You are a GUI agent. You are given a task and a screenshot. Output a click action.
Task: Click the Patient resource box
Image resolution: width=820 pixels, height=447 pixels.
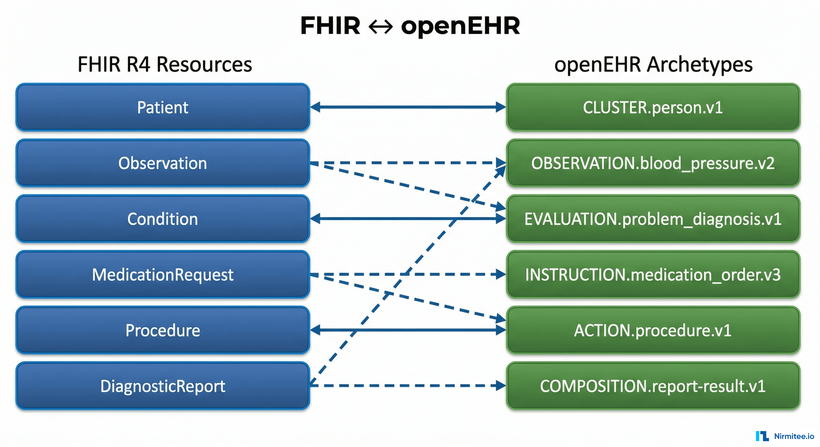point(163,107)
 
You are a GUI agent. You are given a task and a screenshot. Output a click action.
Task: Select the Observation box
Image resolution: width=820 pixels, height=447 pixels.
point(163,163)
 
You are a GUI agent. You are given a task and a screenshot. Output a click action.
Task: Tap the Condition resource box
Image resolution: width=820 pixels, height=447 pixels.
point(163,219)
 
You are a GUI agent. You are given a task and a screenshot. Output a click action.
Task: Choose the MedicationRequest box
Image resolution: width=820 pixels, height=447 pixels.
point(163,274)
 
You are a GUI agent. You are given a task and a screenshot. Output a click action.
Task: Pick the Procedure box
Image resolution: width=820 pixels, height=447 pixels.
point(163,330)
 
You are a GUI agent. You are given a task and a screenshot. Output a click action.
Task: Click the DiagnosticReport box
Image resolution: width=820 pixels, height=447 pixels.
point(163,386)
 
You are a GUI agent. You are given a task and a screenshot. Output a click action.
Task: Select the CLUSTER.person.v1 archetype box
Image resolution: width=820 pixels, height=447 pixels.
point(653,107)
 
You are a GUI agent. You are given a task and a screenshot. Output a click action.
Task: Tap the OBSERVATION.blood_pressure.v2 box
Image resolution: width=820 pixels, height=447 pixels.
point(653,163)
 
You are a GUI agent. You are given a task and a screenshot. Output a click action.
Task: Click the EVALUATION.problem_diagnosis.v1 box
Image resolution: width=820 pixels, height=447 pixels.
point(653,219)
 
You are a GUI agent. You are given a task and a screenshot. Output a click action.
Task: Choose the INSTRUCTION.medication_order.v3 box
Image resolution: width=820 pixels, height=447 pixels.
point(653,274)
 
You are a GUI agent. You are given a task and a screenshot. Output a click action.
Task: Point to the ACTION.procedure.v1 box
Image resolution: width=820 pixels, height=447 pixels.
point(653,330)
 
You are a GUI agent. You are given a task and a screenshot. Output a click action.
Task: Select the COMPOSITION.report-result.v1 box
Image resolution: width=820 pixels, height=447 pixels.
point(653,386)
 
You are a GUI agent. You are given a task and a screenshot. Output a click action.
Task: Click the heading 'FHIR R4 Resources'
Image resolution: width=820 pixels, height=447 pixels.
point(165,64)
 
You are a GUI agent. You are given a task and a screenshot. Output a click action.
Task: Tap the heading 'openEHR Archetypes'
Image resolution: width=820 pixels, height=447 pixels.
point(653,64)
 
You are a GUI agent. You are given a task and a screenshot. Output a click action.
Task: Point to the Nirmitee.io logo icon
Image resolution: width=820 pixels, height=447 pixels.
point(762,436)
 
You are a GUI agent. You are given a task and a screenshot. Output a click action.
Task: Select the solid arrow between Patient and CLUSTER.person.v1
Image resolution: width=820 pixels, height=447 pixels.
point(407,107)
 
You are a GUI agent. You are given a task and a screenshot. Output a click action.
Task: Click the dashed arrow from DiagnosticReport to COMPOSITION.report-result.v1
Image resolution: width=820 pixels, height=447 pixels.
point(407,386)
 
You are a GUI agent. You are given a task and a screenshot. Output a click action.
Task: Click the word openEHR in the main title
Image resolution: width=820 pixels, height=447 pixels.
point(460,26)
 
